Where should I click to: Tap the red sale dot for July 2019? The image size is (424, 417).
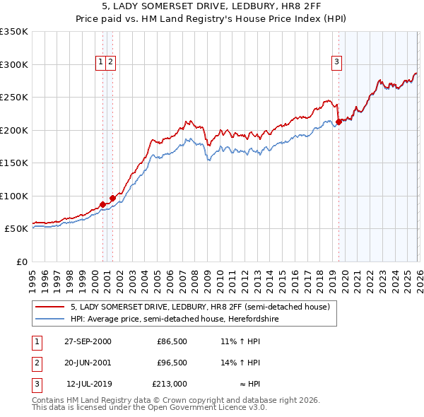point(338,122)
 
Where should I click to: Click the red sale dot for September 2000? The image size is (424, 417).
point(102,204)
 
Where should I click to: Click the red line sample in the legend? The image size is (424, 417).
point(51,307)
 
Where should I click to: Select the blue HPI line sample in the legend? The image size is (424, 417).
point(51,319)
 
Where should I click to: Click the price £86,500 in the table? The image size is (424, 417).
point(172,341)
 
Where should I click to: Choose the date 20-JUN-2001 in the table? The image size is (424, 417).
point(88,363)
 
